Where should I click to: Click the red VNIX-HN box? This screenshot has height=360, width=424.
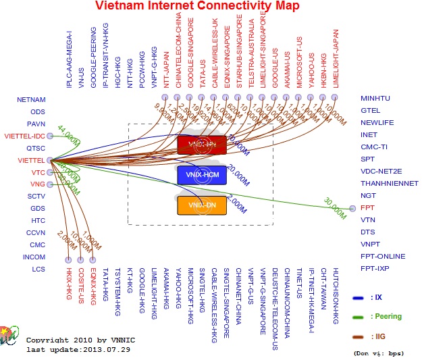pos(201,145)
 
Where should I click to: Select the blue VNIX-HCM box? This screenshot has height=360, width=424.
pos(201,175)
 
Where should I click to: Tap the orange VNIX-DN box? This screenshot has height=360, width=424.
pos(201,205)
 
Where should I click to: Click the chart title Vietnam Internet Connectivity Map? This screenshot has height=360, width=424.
pos(198,7)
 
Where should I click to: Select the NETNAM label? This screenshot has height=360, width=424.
pos(31,99)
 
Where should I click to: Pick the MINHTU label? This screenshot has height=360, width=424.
pos(375,99)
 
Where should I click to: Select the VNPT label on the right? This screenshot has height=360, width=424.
pos(370,244)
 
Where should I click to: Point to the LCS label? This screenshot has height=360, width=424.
pos(38,269)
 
